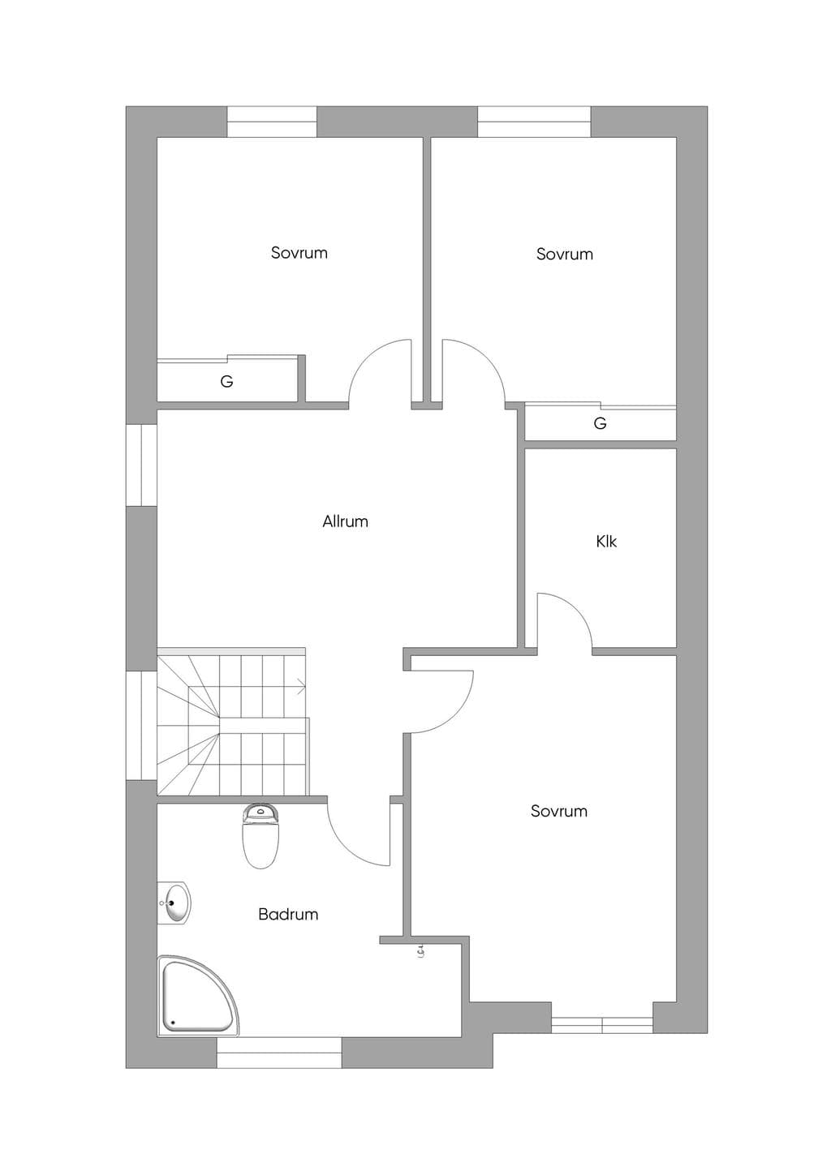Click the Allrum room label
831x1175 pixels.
(x=345, y=521)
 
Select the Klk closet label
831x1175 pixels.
(x=606, y=541)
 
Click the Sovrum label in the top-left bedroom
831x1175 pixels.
(x=299, y=253)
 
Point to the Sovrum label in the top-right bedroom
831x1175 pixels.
(x=564, y=255)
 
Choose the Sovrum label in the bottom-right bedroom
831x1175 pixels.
(x=558, y=812)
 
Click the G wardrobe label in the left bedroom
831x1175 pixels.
(x=226, y=381)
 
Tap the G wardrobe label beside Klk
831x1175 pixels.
(x=600, y=422)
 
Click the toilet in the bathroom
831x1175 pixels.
(x=260, y=837)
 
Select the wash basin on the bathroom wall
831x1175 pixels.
(x=174, y=903)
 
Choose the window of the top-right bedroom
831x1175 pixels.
(x=534, y=122)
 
